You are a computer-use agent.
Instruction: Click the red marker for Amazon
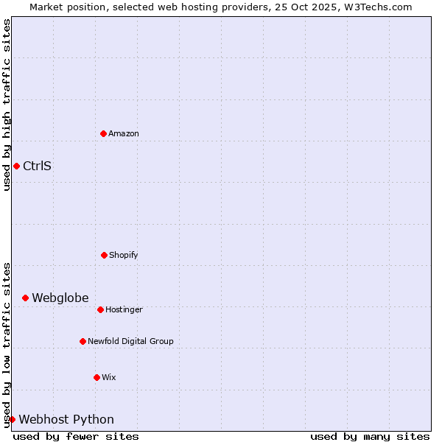pos(103,133)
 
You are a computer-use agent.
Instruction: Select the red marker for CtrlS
pos(16,166)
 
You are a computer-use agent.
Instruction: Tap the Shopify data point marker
pos(104,255)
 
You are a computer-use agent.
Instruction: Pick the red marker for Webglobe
pos(25,298)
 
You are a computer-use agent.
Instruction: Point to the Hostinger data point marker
pos(100,309)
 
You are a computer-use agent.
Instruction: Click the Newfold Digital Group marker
pos(83,341)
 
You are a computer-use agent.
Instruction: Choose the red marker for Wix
pos(97,377)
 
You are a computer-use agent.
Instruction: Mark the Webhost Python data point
pos(12,419)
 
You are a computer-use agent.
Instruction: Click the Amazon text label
pos(124,133)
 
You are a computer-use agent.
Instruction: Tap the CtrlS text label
pos(37,166)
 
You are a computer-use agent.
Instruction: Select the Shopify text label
pos(124,255)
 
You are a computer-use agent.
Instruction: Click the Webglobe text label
pos(60,298)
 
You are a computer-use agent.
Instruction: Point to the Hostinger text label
pos(124,309)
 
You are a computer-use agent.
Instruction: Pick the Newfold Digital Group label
pos(130,341)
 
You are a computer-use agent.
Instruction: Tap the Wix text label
pos(109,377)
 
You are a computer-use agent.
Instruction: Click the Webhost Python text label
pos(66,419)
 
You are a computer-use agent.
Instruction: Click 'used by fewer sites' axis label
pos(76,436)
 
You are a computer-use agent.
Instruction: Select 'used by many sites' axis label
pos(370,436)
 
